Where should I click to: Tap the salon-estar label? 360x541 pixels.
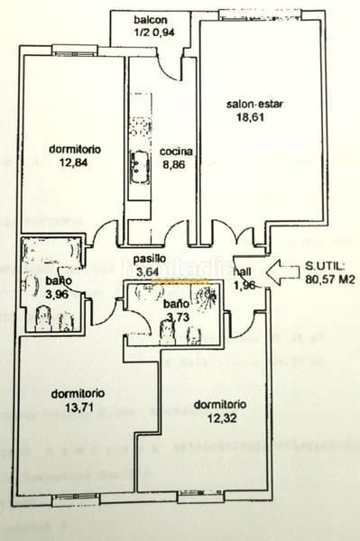[254, 104]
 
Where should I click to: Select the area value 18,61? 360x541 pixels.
[254, 117]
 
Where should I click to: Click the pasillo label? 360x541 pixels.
[150, 257]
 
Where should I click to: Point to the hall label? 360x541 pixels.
[243, 270]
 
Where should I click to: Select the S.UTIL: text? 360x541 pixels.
[323, 267]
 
